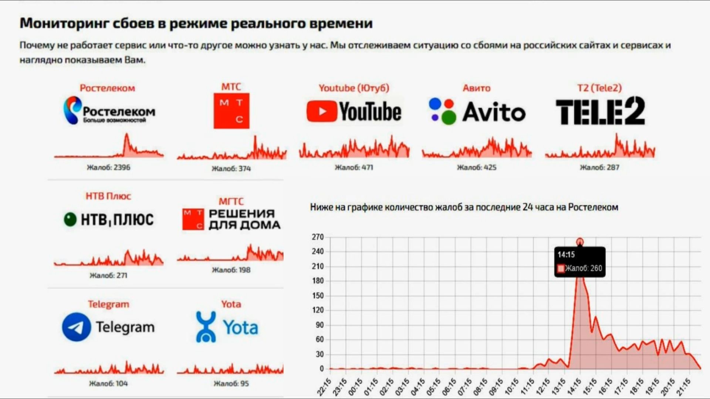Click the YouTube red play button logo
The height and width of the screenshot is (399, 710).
pyautogui.click(x=321, y=111)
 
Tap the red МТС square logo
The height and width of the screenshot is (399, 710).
pyautogui.click(x=231, y=111)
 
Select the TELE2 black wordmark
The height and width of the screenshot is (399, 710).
pyautogui.click(x=600, y=111)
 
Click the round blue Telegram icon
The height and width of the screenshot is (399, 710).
pyautogui.click(x=76, y=327)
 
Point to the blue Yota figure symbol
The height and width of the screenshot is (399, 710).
pyautogui.click(x=206, y=326)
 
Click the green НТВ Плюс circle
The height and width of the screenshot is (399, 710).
pyautogui.click(x=70, y=219)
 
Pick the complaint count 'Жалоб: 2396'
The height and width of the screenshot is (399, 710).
pyautogui.click(x=108, y=167)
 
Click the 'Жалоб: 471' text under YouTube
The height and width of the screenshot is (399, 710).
pyautogui.click(x=354, y=167)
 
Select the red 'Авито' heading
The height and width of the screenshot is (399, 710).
pyautogui.click(x=476, y=88)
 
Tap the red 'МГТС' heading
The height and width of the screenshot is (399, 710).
pyautogui.click(x=231, y=201)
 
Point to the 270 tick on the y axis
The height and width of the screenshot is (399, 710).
pyautogui.click(x=318, y=237)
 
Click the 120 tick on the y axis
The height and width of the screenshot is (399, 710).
pyautogui.click(x=318, y=310)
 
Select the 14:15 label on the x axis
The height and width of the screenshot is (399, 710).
pyautogui.click(x=574, y=387)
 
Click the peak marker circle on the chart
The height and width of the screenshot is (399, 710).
pyautogui.click(x=580, y=242)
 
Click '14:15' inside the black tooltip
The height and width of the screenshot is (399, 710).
pyautogui.click(x=566, y=255)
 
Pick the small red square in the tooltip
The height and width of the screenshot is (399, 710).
pyautogui.click(x=561, y=268)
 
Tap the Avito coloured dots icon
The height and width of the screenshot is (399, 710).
pyautogui.click(x=442, y=111)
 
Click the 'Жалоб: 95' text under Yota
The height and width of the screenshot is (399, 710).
pyautogui.click(x=231, y=383)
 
